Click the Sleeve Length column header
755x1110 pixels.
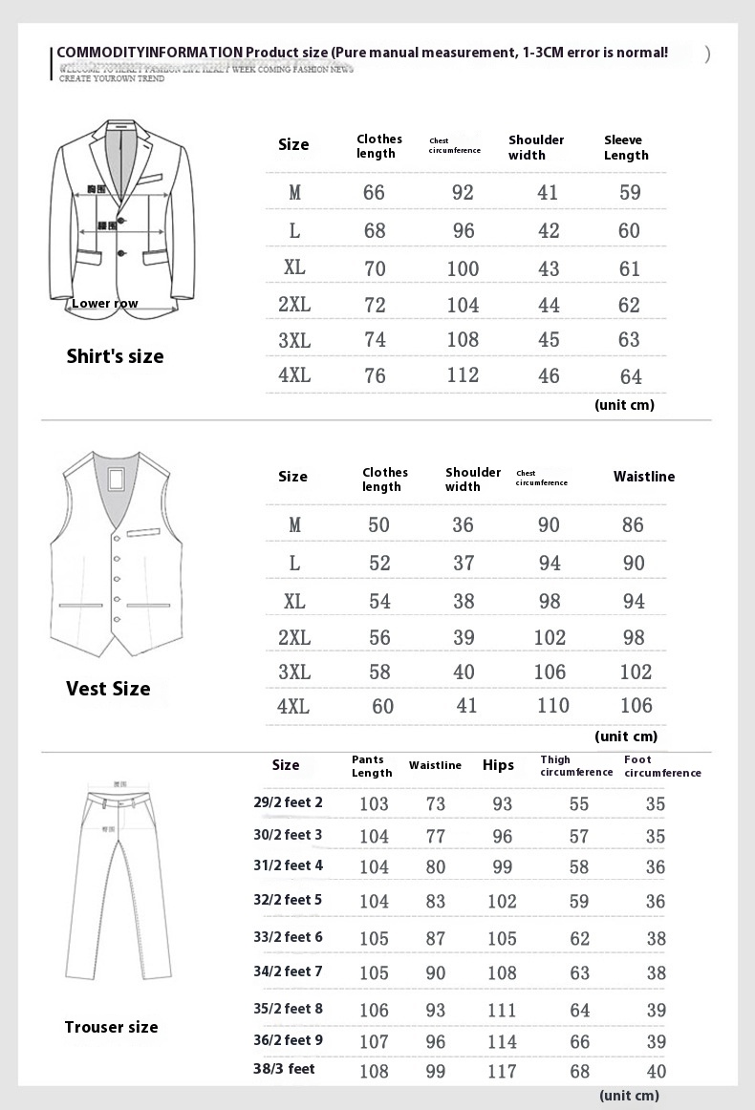pyautogui.click(x=626, y=147)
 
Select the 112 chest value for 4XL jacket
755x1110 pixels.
pyautogui.click(x=463, y=375)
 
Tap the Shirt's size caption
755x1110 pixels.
pyautogui.click(x=115, y=356)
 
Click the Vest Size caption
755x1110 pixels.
pyautogui.click(x=108, y=689)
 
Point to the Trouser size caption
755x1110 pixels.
pyautogui.click(x=111, y=1027)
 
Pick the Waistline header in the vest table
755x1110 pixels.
pyautogui.click(x=643, y=477)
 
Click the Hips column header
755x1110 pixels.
pyautogui.click(x=498, y=765)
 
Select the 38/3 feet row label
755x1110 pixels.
pyautogui.click(x=285, y=1068)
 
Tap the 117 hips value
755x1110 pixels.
pyautogui.click(x=502, y=1071)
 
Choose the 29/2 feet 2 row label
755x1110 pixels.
pyautogui.click(x=288, y=802)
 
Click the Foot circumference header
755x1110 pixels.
pyautogui.click(x=662, y=766)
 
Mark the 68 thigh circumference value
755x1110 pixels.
pyautogui.click(x=579, y=1071)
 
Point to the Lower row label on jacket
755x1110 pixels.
pyautogui.click(x=105, y=304)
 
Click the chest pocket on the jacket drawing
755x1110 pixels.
pyautogui.click(x=149, y=179)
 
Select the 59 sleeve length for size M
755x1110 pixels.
pyautogui.click(x=630, y=192)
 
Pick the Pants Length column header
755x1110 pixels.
pyautogui.click(x=372, y=766)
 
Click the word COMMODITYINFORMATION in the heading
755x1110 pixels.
pyautogui.click(x=148, y=52)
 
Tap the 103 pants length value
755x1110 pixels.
pyautogui.click(x=374, y=804)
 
